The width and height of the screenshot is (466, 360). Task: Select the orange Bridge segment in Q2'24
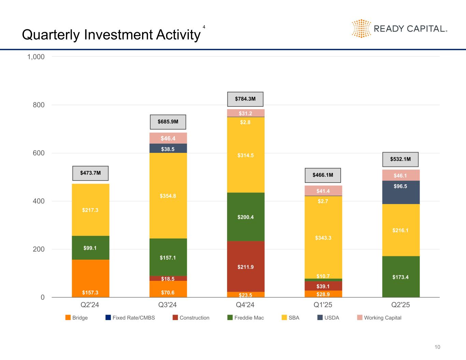[90, 278]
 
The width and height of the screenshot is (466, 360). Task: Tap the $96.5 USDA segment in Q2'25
[400, 192]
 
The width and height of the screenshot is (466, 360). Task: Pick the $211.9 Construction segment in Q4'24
[245, 267]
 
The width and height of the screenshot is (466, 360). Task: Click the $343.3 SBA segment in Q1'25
[323, 237]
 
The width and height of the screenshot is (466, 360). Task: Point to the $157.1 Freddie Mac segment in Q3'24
[168, 257]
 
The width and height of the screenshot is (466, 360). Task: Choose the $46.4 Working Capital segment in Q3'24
[168, 138]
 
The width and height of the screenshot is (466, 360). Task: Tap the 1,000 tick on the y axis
[36, 57]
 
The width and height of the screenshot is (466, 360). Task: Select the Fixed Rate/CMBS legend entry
[130, 318]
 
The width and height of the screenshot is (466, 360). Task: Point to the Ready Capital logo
[399, 28]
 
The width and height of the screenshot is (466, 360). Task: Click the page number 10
[437, 347]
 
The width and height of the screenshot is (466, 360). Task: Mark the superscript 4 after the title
[204, 27]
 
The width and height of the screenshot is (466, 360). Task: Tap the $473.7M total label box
[90, 173]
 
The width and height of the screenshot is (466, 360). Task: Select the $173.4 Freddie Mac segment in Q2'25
[400, 277]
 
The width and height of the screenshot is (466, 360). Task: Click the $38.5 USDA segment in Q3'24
[168, 148]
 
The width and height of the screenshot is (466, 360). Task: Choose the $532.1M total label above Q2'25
[400, 159]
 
